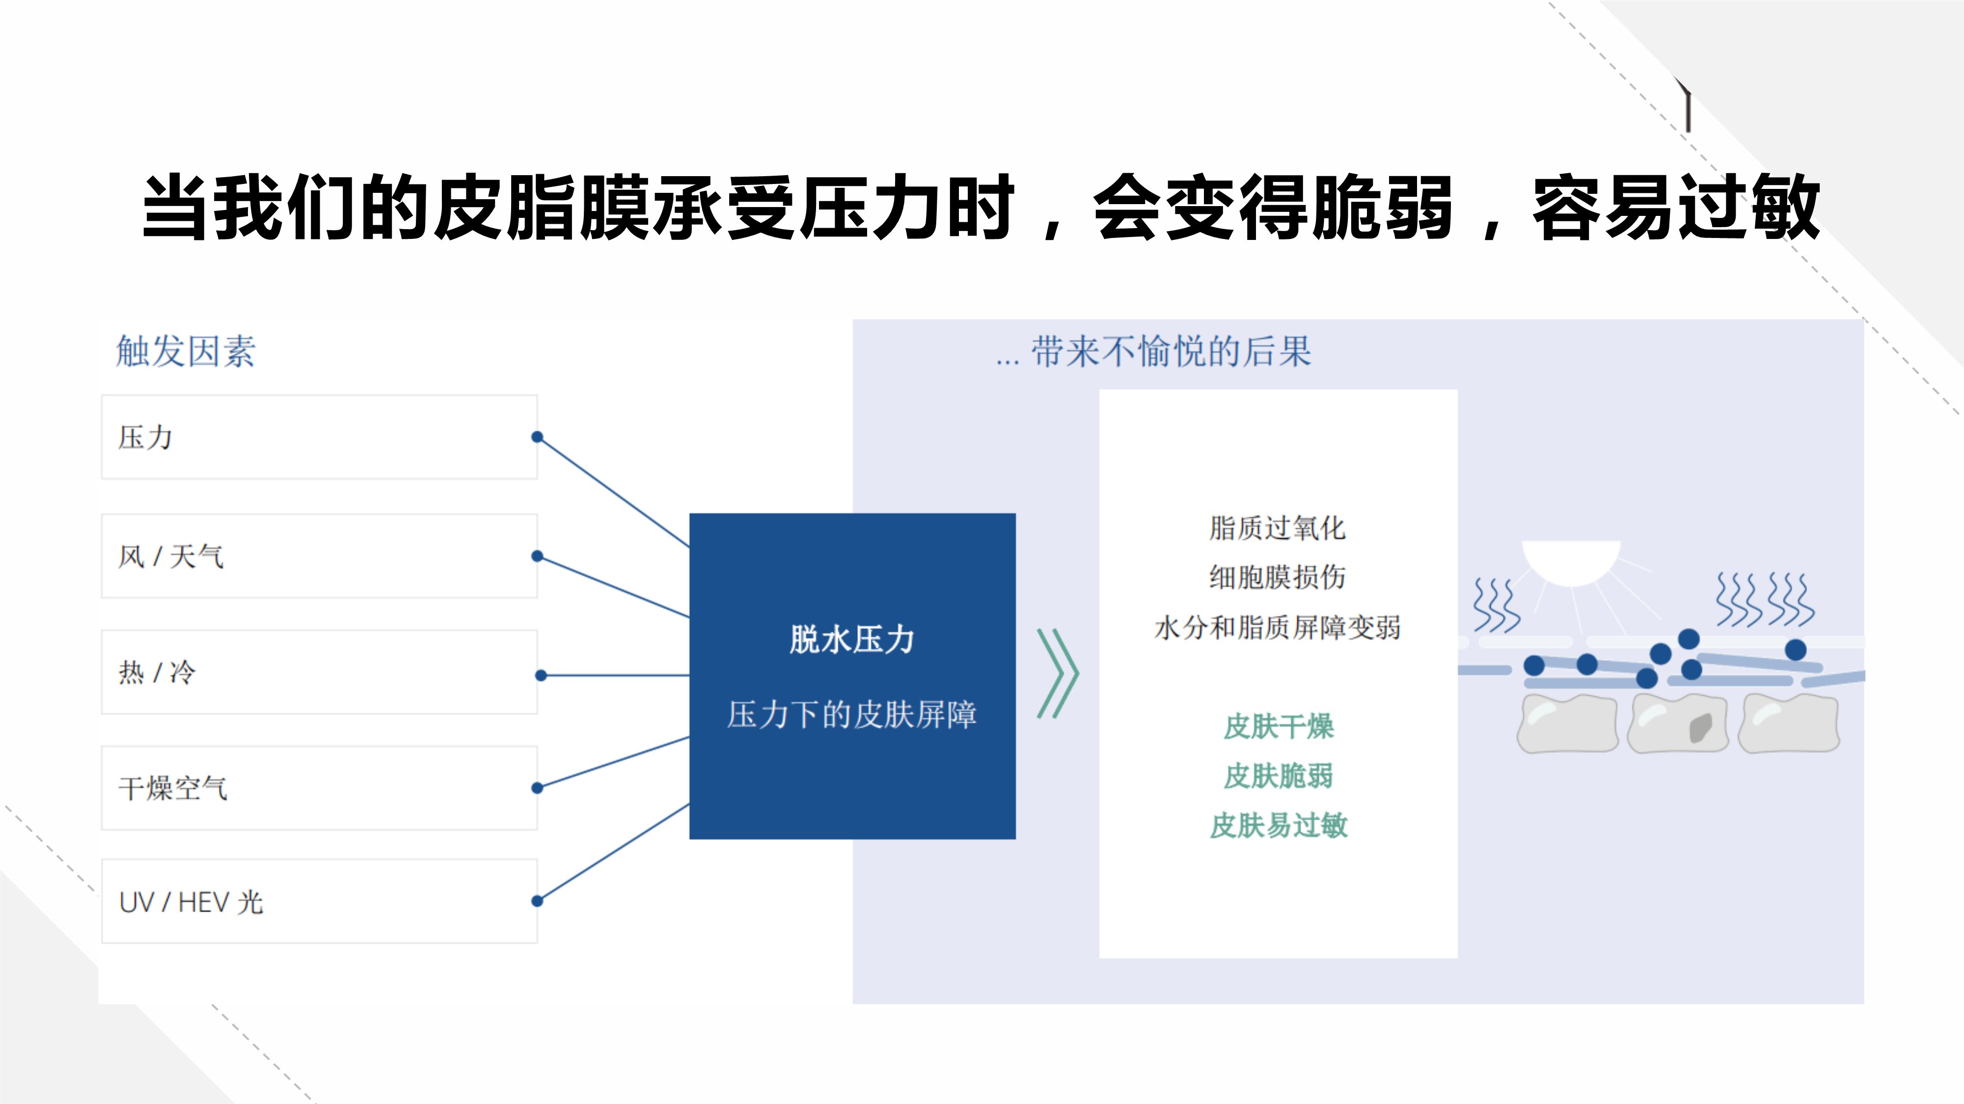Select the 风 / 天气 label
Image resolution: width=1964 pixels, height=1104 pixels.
tap(171, 556)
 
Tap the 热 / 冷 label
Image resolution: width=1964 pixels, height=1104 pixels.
tap(157, 673)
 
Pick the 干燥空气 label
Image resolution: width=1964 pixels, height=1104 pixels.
tap(173, 789)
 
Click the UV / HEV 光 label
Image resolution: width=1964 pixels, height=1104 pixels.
tap(191, 903)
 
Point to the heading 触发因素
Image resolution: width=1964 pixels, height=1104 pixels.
tap(185, 351)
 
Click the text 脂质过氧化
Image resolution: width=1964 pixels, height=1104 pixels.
tap(1277, 528)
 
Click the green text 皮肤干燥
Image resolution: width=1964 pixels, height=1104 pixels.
tap(1279, 726)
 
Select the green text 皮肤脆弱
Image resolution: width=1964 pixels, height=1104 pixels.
tap(1279, 776)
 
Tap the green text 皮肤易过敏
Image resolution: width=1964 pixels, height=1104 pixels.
tap(1279, 825)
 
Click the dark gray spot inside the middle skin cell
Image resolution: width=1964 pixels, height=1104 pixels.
tap(1701, 728)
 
